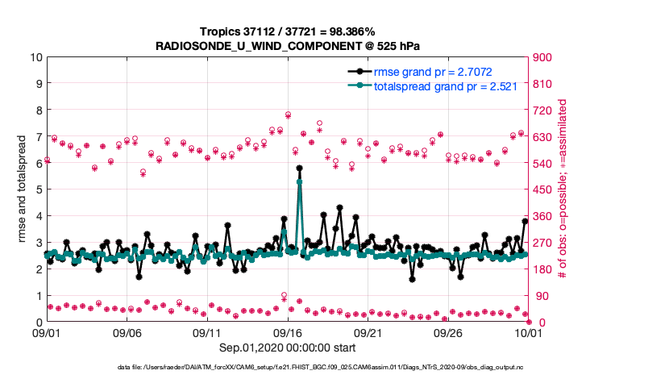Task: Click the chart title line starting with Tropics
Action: pos(286,30)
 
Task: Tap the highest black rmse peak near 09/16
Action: pos(299,169)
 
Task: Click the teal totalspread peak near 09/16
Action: pos(299,182)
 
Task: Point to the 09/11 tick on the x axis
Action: pos(207,331)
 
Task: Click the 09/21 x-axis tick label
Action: pos(368,331)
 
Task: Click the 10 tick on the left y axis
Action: pos(36,57)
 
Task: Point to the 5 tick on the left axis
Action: pos(39,190)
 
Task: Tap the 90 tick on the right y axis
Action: pos(539,296)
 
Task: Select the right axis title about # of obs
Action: pos(563,189)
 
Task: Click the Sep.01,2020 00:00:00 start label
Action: pos(286,348)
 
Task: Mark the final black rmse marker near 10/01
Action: pos(525,221)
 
